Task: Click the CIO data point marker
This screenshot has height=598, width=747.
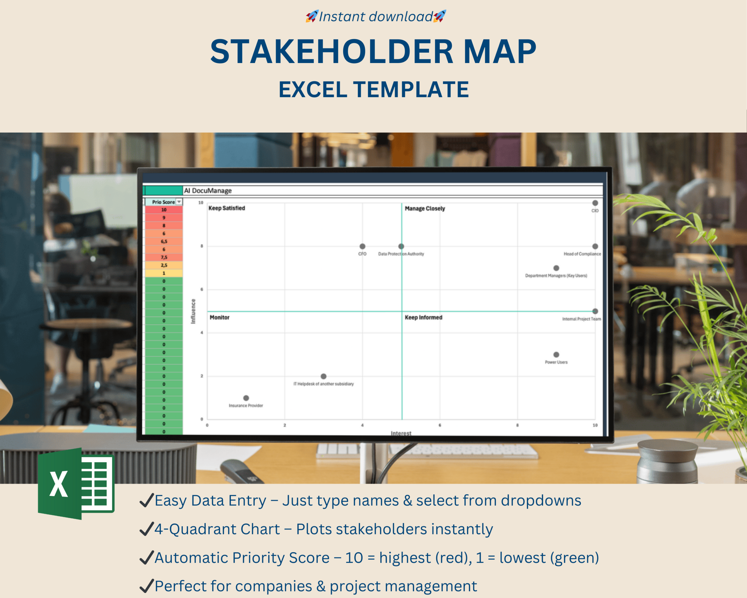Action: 595,203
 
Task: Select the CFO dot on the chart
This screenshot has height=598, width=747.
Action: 362,246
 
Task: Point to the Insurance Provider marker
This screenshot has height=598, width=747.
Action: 246,398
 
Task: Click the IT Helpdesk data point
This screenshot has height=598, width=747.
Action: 324,376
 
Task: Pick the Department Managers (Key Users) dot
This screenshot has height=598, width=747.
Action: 556,268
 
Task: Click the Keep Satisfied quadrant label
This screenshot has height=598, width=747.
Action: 227,208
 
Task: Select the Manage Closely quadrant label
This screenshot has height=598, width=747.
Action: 425,208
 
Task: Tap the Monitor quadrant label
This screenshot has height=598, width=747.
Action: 219,317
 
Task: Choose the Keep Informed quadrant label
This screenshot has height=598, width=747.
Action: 423,317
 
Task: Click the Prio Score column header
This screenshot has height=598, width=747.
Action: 163,202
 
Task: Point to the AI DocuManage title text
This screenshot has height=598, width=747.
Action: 207,190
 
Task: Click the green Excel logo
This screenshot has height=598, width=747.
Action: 76,484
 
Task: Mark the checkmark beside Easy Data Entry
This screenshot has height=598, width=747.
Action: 146,500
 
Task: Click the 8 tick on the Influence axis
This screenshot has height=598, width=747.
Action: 202,246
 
